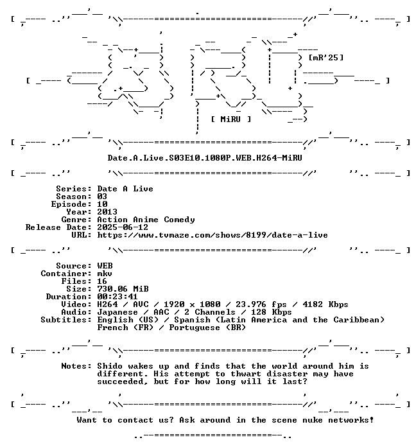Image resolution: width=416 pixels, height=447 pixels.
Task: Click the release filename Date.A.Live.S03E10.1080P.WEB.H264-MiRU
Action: tap(205, 157)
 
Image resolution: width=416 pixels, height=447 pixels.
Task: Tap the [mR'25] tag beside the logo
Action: tap(326, 58)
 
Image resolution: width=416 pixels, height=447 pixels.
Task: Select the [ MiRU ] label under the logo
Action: tap(231, 119)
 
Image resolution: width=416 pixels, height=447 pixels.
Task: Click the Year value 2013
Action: tap(107, 212)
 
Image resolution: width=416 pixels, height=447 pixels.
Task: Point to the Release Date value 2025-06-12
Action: tap(123, 227)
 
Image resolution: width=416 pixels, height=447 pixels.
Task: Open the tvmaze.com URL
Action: tap(212, 235)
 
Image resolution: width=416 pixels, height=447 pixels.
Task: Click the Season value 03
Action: tap(102, 197)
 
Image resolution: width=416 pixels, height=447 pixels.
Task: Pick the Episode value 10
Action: tap(102, 204)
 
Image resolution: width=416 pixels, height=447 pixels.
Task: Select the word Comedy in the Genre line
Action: tap(179, 220)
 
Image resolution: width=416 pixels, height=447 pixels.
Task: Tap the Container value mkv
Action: tap(105, 274)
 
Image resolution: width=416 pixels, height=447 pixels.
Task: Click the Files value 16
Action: tap(102, 281)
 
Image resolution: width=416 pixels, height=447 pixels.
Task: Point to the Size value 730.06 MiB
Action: tap(123, 289)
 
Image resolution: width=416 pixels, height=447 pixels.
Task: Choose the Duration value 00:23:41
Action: tap(117, 297)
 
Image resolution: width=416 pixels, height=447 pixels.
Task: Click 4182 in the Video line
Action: tap(313, 304)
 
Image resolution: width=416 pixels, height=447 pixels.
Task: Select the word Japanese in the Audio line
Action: tap(117, 312)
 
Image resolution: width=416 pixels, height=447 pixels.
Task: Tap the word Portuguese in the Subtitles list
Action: tap(195, 328)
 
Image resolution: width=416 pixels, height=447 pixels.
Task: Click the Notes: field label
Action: tap(76, 365)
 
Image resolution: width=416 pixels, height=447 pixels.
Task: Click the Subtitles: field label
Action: tap(66, 320)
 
